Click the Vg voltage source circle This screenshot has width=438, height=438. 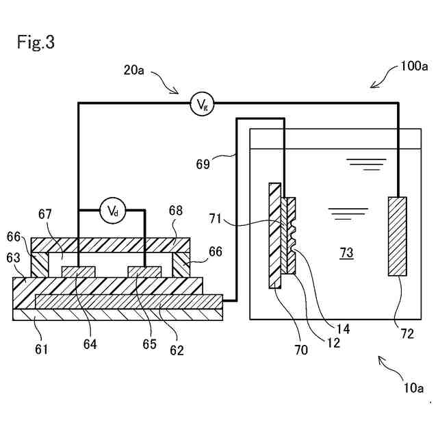pyautogui.click(x=202, y=104)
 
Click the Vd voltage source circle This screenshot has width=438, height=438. pyautogui.click(x=113, y=211)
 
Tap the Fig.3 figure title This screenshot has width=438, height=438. pyautogui.click(x=36, y=42)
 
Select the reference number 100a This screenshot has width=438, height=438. pyautogui.click(x=413, y=66)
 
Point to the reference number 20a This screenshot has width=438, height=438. pyautogui.click(x=134, y=70)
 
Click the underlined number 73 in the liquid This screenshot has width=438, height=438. pyautogui.click(x=346, y=253)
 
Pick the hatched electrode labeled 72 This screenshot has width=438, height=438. pyautogui.click(x=397, y=236)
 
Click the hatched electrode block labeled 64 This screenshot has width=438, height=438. pyautogui.click(x=78, y=272)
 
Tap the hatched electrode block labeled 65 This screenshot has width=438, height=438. pyautogui.click(x=144, y=272)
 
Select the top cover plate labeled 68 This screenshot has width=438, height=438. pyautogui.click(x=111, y=245)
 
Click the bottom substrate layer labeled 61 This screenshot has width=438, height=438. pyautogui.click(x=118, y=314)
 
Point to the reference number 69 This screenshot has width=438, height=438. pyautogui.click(x=203, y=164)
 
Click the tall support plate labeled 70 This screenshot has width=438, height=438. pyautogui.click(x=275, y=235)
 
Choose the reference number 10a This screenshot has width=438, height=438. pyautogui.click(x=413, y=388)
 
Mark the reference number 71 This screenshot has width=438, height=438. pyautogui.click(x=215, y=219)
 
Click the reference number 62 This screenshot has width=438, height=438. pyautogui.click(x=177, y=350)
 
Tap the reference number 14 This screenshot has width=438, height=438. pyautogui.click(x=343, y=329)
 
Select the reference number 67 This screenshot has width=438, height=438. pyautogui.click(x=45, y=214)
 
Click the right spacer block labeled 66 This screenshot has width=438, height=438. pyautogui.click(x=181, y=265)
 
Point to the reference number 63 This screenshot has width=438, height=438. pyautogui.click(x=13, y=258)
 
